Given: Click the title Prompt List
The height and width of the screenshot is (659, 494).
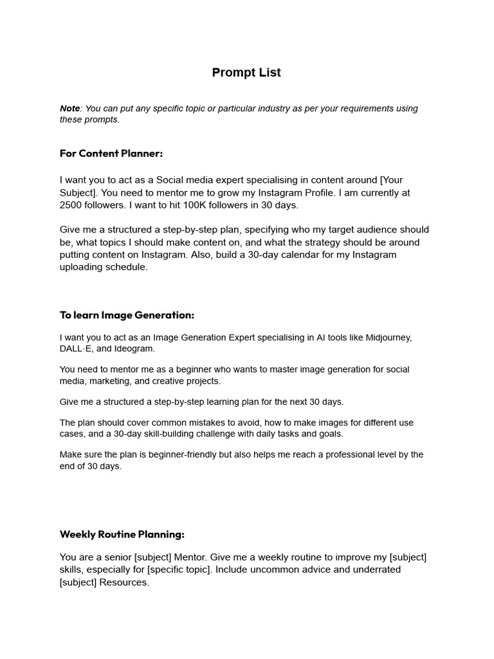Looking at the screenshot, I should pos(246,73).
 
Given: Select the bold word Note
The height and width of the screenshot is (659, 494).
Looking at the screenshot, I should pos(69,108).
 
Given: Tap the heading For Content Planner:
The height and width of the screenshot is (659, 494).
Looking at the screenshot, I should pos(111,153).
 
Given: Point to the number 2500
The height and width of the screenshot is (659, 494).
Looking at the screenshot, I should pos(71,205).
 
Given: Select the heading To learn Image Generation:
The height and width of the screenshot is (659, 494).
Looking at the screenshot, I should pos(127,315).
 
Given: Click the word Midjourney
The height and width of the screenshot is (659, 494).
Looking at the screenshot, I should pos(389,337).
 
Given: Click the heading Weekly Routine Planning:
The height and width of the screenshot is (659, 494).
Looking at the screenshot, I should pos(122,534).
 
